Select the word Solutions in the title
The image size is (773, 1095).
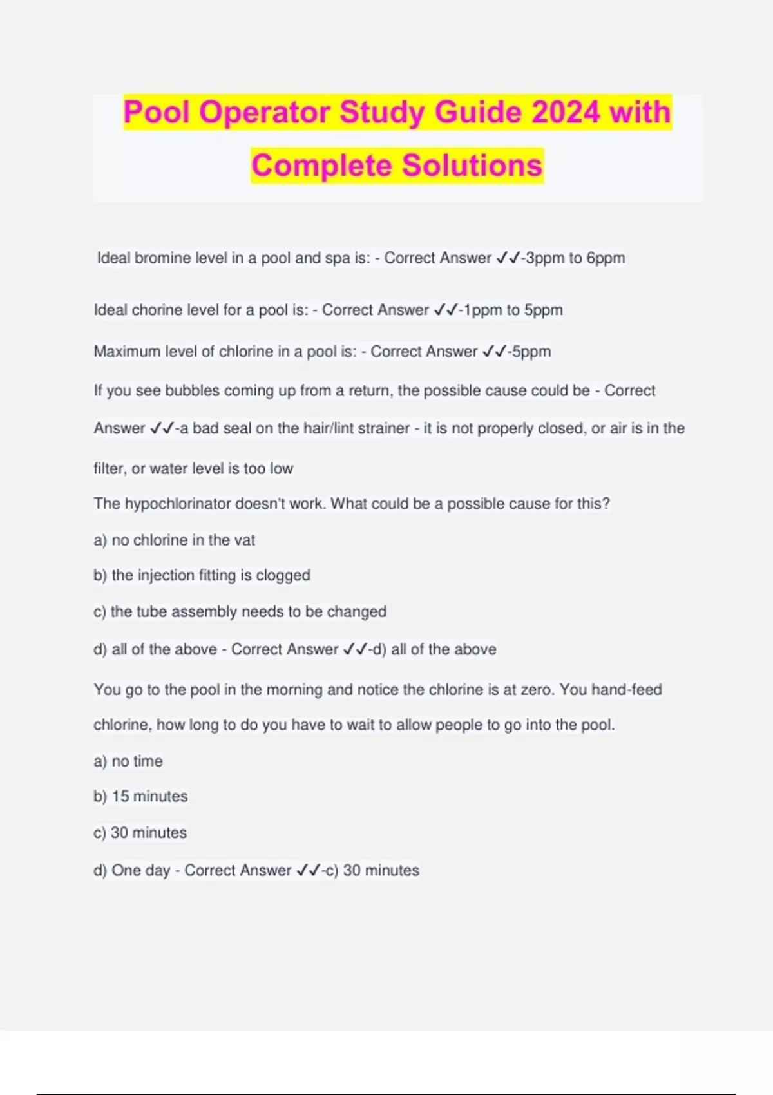point(472,165)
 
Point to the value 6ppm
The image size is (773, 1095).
point(606,258)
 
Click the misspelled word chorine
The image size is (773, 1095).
point(158,310)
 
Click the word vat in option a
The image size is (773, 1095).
point(245,540)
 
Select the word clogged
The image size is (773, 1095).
point(283,575)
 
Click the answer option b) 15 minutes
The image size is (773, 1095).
point(140,796)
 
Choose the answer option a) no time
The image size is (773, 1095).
point(128,761)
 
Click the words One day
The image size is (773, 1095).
point(140,870)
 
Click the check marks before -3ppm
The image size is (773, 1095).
point(508,258)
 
